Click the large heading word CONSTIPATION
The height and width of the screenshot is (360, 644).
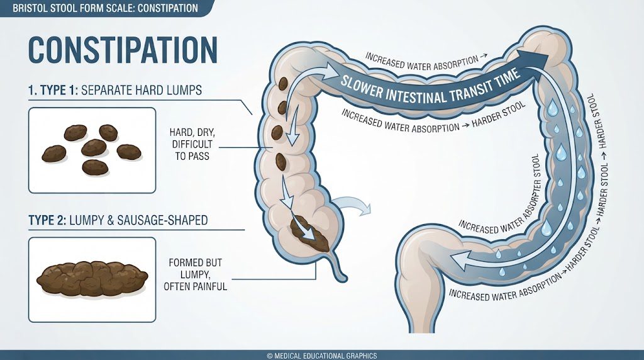123,50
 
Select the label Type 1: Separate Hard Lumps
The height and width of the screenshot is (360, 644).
115,90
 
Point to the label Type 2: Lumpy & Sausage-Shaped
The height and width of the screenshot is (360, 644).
118,220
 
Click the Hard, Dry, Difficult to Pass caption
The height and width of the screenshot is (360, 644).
192,144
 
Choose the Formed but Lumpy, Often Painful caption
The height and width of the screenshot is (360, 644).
195,274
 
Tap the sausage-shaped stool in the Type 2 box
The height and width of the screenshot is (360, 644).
92,279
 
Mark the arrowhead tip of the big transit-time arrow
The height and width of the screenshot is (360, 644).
548,55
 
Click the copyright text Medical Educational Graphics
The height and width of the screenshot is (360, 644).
321,356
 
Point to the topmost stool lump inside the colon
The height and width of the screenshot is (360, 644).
284,84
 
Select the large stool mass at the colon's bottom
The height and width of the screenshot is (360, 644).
310,234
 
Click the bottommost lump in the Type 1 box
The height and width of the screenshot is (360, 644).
96,167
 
